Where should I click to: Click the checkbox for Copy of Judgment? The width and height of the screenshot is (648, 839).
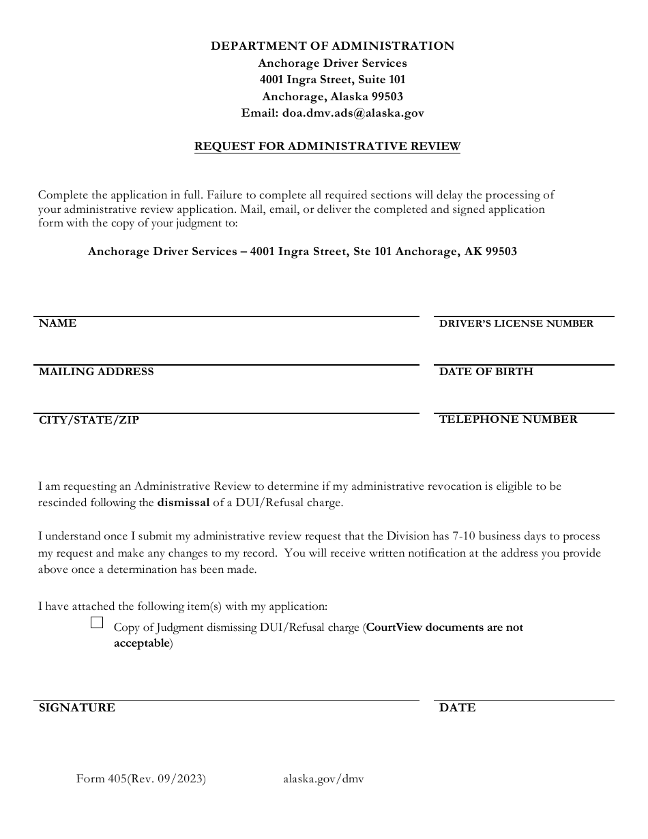coord(97,622)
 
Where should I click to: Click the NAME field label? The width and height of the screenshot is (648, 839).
coord(58,323)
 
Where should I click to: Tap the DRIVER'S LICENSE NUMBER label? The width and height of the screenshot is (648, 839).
coord(516,324)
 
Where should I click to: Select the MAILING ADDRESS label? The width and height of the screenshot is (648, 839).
coord(96,372)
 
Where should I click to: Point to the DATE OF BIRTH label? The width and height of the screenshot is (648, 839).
coord(486,372)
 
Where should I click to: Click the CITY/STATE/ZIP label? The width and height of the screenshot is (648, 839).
coord(89,420)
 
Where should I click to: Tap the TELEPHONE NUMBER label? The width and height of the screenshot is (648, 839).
coord(508,419)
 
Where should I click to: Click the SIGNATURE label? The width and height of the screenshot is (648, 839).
coord(77,708)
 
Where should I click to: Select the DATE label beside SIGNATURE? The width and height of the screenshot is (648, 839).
coord(457,708)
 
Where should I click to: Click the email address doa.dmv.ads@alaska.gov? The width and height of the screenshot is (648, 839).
coord(353,113)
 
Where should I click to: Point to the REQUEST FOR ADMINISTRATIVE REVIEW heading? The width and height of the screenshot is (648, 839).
coord(327,146)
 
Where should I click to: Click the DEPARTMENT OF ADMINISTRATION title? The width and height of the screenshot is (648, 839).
coord(332,46)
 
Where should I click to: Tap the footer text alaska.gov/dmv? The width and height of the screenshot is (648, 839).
coord(323,779)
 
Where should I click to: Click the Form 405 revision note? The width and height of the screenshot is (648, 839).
coord(141,779)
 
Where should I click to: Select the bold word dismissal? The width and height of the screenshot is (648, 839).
coord(183,503)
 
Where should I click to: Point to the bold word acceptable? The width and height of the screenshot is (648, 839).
coord(141,643)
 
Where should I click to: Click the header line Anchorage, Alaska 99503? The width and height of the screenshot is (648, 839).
coord(332,97)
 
